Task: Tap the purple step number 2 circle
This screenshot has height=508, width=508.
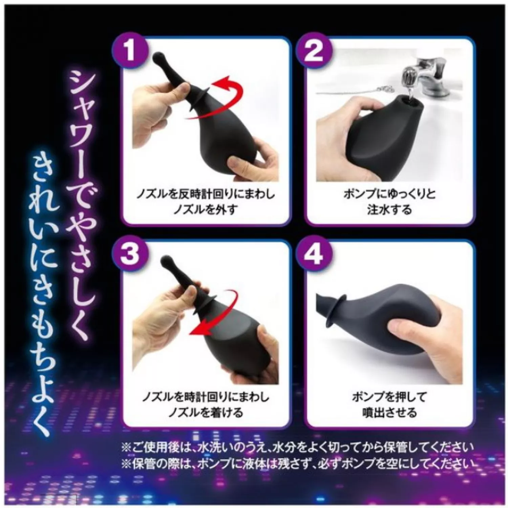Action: [314, 51]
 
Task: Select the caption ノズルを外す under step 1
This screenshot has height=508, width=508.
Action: [205, 210]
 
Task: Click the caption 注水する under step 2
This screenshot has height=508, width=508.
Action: [389, 210]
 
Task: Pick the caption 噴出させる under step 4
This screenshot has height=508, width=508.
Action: [389, 412]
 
